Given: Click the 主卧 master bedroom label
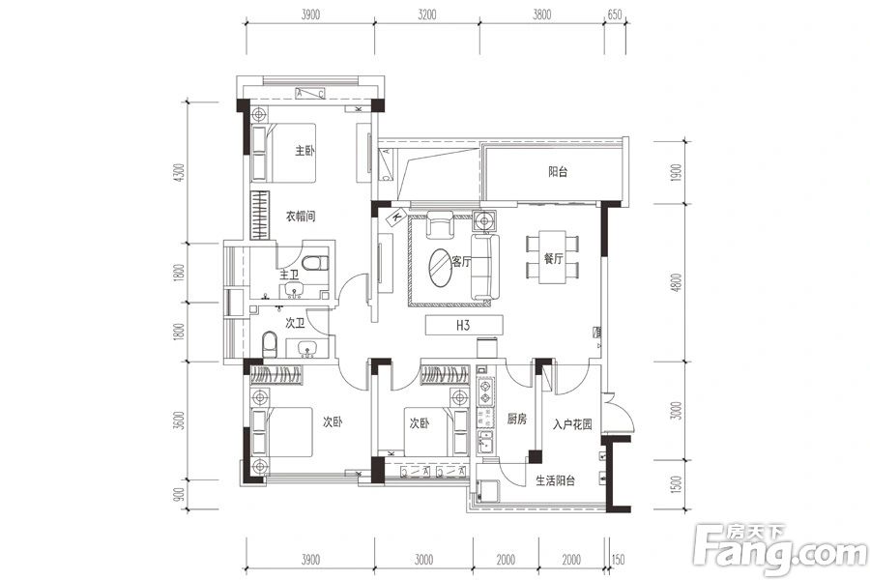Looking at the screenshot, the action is (304, 151).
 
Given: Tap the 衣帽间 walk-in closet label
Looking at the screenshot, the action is (301, 216).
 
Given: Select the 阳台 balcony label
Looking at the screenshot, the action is (558, 171).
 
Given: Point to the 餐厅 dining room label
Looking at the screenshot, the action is (553, 258).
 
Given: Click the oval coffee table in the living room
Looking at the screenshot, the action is (441, 268).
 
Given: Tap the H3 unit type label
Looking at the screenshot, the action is (463, 325).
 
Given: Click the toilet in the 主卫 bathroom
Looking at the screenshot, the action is (316, 262).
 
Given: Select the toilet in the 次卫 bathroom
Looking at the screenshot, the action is (269, 345).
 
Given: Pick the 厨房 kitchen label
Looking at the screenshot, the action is (516, 419).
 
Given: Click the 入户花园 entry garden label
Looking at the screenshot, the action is (572, 424).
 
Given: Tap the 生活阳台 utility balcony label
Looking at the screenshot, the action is (556, 480).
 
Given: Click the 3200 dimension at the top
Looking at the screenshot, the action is (426, 15).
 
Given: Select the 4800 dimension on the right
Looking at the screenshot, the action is (676, 282).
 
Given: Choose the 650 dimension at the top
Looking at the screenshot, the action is (615, 15).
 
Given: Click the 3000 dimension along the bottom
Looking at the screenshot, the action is (423, 560).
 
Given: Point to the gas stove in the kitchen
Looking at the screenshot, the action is (485, 391).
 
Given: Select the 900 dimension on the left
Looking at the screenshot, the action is (178, 494).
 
